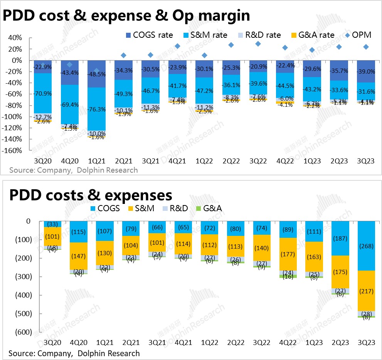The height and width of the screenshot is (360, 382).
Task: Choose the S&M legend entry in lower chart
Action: click(x=141, y=209)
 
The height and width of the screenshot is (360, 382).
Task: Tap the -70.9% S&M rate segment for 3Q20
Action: click(x=43, y=93)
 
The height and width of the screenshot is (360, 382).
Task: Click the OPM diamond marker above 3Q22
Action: click(x=258, y=44)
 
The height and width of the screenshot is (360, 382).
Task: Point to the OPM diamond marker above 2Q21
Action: click(x=124, y=56)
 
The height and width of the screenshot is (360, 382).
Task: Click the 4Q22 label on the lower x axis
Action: click(x=285, y=342)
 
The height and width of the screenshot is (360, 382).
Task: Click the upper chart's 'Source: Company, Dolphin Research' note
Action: click(x=73, y=170)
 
